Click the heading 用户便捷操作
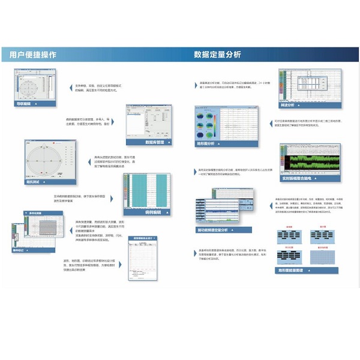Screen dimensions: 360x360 [34, 55]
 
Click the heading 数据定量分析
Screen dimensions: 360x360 [218, 55]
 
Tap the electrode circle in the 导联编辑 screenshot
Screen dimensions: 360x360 [29, 86]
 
